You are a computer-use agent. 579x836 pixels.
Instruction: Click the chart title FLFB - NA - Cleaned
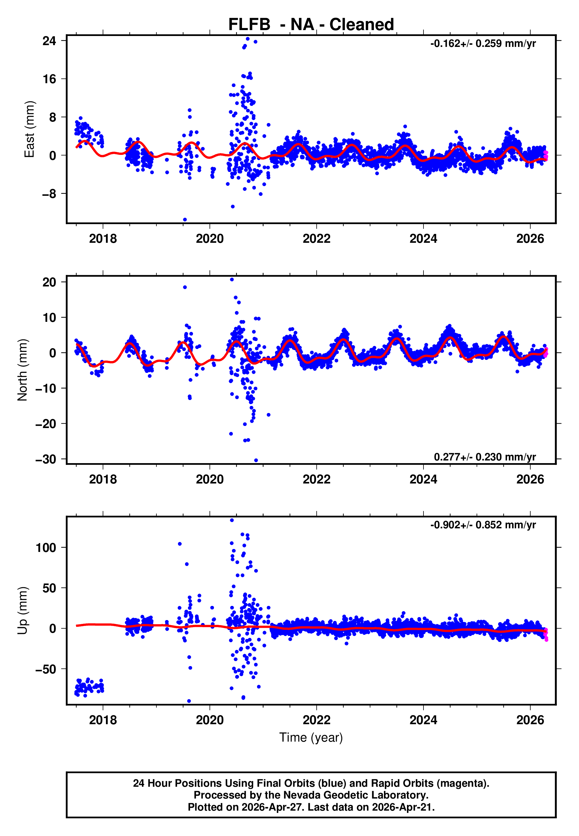311,25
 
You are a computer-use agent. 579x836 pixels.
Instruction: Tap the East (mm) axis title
29,129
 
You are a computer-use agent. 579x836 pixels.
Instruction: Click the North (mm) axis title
22,370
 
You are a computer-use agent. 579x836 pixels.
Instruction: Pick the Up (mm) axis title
22,611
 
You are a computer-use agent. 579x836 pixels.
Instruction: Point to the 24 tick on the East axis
49,41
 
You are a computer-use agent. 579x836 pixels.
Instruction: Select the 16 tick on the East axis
49,79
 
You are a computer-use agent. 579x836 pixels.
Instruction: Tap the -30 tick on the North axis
46,459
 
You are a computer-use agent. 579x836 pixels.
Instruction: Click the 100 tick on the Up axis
46,548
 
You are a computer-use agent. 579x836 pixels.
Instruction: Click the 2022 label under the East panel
316,239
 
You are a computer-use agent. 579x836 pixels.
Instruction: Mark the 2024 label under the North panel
423,479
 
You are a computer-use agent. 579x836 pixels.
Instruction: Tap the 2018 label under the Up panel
103,720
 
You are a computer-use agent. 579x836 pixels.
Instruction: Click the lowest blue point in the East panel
185,219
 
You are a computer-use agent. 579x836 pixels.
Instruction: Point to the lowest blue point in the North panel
256,460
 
